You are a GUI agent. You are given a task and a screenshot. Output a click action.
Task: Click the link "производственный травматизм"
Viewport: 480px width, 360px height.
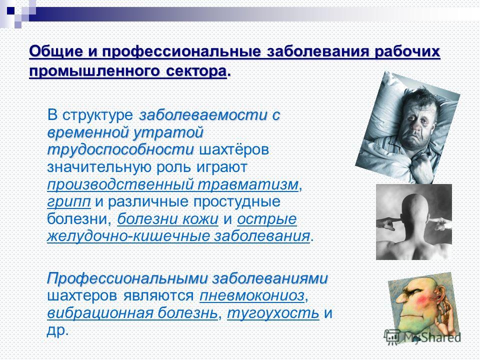coord(172,184)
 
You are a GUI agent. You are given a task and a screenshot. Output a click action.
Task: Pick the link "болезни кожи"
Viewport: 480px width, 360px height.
coord(168,219)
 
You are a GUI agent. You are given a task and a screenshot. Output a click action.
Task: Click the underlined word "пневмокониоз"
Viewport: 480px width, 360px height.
coord(252,295)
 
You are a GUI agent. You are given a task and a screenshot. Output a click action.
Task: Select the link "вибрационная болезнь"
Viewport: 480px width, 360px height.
coord(132,313)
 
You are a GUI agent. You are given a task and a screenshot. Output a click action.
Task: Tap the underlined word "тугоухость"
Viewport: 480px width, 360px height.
coord(273,313)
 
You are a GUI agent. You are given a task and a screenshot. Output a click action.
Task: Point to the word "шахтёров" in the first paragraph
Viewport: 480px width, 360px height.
coord(234,150)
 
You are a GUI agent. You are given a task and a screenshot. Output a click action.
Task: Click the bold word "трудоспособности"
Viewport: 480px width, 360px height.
coord(120,150)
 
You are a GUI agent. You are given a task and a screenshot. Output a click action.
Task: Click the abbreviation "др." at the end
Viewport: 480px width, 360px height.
coord(57,330)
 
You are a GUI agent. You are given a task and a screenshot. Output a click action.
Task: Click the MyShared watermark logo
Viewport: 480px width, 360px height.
coord(422,337)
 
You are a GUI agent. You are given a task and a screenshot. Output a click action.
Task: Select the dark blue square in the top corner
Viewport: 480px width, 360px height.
coord(10,10)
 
